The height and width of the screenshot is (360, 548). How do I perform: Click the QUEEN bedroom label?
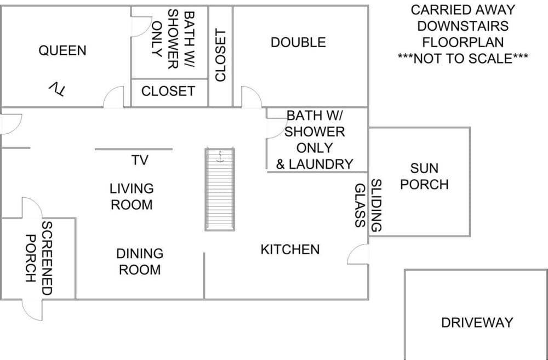point(62,50)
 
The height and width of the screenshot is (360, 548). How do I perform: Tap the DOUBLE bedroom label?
point(298,42)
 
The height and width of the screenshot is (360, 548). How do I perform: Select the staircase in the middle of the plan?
point(220,189)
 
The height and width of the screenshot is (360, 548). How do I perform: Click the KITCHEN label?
point(290,249)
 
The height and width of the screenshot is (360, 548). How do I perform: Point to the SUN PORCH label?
point(424,176)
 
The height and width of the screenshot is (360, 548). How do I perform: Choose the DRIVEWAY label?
point(477,323)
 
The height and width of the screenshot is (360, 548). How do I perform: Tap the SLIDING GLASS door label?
point(368,205)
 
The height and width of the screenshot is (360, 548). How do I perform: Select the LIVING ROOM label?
point(132,197)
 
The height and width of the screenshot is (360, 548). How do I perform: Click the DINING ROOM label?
point(140,261)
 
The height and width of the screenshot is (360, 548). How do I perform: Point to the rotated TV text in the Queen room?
point(57,89)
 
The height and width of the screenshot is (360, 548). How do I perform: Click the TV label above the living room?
point(140,160)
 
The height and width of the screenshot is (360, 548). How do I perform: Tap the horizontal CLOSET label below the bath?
point(168,91)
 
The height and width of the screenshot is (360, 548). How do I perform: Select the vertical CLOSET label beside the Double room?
point(220,55)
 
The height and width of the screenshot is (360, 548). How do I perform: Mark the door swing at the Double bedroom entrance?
point(251,97)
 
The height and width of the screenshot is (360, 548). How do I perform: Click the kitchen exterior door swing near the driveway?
point(358,255)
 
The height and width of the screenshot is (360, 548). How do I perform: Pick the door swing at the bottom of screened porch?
point(32,310)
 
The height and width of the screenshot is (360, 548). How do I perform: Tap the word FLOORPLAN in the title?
point(463,42)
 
